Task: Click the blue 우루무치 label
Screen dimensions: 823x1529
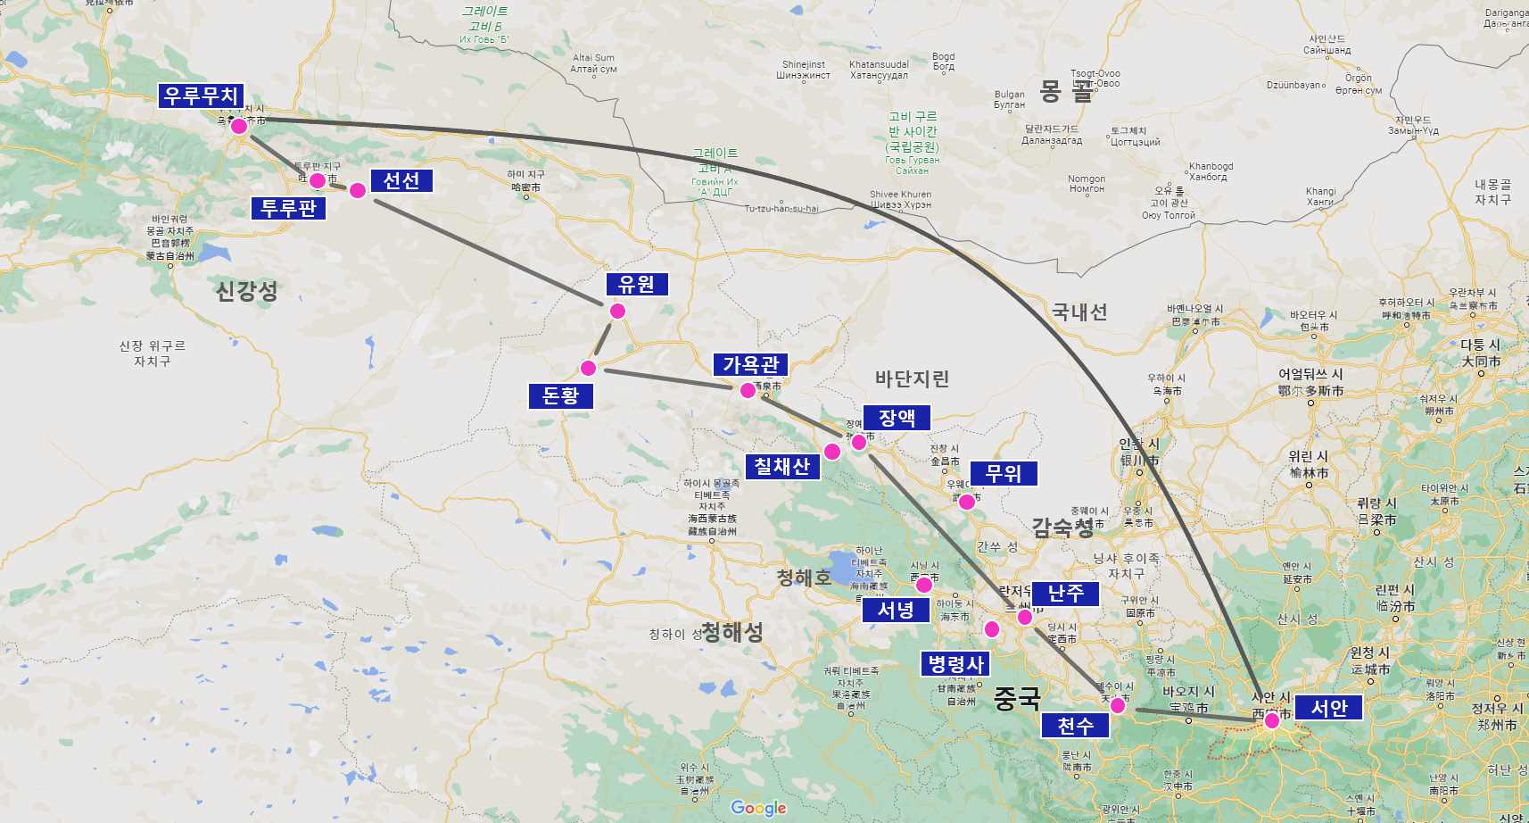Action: click(x=202, y=96)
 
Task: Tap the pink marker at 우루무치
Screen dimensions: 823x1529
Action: click(x=239, y=127)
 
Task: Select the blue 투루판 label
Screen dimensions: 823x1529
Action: click(x=289, y=208)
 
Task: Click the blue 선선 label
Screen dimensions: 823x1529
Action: click(x=401, y=180)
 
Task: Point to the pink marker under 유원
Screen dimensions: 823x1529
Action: click(x=617, y=311)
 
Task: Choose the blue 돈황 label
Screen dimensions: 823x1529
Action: click(x=561, y=395)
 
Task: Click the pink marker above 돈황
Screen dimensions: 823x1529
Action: click(x=588, y=368)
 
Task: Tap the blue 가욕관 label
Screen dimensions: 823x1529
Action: click(x=750, y=364)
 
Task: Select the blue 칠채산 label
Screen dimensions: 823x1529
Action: click(x=782, y=466)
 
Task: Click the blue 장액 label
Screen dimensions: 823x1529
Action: click(x=897, y=417)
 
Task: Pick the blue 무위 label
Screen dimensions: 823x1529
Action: click(x=1004, y=473)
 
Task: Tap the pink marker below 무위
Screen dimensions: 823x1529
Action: click(x=967, y=502)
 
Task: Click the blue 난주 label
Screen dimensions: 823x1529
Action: click(x=1065, y=594)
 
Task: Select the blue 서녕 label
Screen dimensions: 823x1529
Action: click(x=896, y=610)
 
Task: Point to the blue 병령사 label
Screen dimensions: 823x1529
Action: click(x=955, y=664)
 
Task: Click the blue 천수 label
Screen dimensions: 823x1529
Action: click(x=1075, y=726)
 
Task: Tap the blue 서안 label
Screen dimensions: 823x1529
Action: click(x=1328, y=708)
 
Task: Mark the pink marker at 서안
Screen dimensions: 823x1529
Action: click(x=1271, y=720)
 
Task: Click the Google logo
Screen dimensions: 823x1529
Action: click(x=758, y=808)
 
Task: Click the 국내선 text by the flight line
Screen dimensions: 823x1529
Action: click(x=1079, y=312)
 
